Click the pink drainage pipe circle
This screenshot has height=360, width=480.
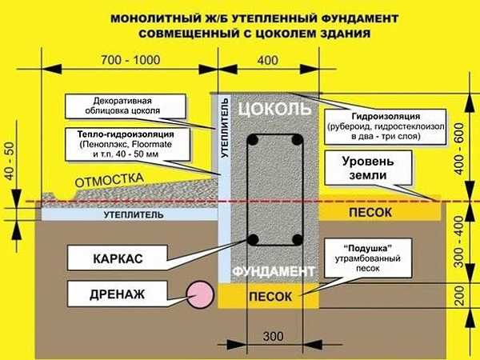(200, 294)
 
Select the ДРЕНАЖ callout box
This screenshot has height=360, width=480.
(118, 294)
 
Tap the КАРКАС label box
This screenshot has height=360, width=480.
(118, 258)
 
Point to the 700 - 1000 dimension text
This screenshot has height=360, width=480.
(130, 60)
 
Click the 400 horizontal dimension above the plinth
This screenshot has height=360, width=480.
(268, 60)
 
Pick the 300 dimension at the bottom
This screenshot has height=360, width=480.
(273, 337)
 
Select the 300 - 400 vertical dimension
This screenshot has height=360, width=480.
(459, 242)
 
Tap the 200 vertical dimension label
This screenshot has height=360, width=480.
(459, 295)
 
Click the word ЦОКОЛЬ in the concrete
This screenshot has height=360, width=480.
(274, 109)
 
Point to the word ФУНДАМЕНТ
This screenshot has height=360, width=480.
(274, 271)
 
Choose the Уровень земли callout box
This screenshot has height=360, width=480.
(368, 168)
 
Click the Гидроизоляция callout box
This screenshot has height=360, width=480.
(385, 126)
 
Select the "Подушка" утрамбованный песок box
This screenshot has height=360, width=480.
(368, 258)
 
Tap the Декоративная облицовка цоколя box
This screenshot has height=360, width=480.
(126, 106)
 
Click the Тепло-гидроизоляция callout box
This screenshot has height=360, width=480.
(127, 144)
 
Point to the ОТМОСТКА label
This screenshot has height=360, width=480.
(110, 180)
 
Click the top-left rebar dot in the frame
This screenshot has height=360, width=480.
(253, 139)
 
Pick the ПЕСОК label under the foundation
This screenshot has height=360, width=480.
(270, 296)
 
